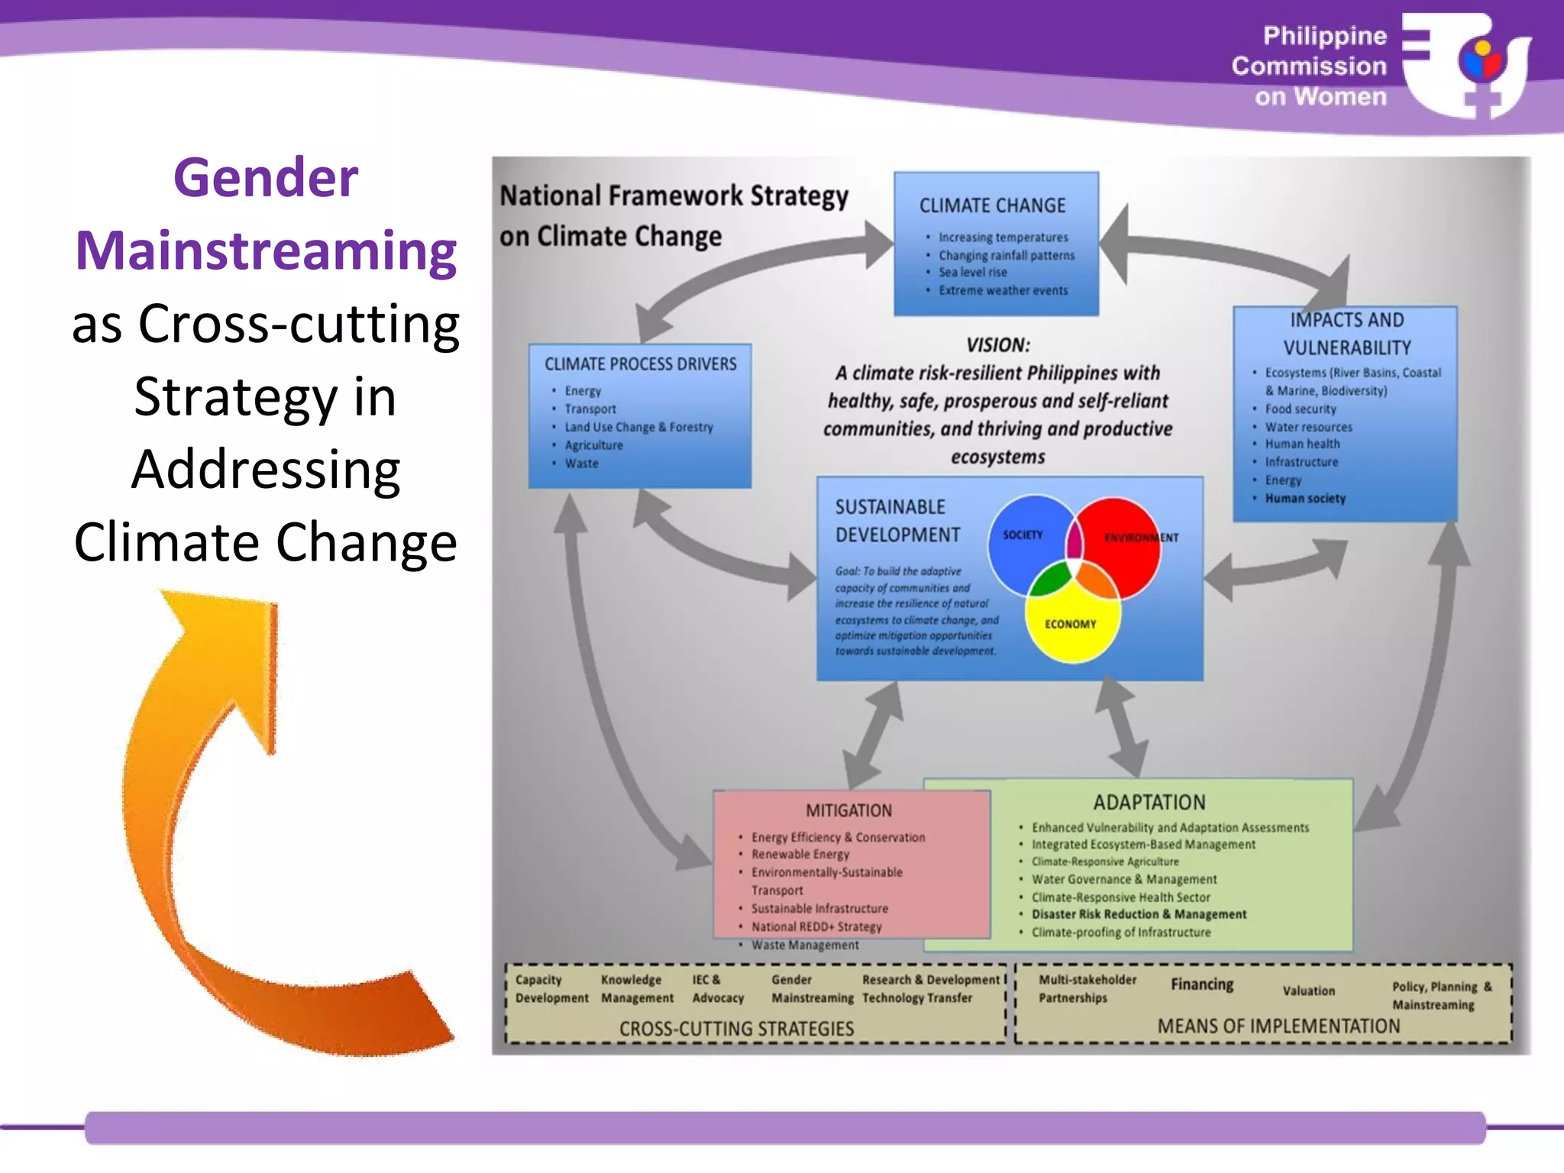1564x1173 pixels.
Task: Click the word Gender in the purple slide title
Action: (266, 177)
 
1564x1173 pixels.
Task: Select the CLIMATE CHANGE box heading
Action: (992, 205)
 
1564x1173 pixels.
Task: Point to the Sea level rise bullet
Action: (972, 273)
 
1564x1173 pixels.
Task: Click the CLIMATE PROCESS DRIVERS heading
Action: (640, 364)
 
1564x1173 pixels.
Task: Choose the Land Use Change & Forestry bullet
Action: (638, 427)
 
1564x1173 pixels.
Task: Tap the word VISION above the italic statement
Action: (997, 345)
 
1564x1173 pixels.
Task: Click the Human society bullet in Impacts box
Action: (1304, 499)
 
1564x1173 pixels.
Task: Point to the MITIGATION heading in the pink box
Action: (848, 811)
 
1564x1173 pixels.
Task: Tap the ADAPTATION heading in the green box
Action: (1149, 803)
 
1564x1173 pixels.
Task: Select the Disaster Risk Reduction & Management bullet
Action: (1139, 914)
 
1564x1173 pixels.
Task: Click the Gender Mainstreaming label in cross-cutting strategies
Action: (811, 989)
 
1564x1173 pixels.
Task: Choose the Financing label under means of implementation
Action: (1202, 984)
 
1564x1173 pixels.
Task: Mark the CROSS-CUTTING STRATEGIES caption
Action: (736, 1029)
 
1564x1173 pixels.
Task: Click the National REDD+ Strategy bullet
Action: (816, 926)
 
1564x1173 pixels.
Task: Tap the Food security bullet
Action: (1300, 409)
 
